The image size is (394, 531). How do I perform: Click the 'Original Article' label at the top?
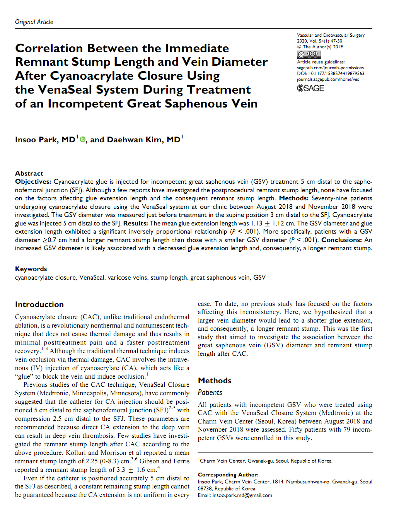point(34,22)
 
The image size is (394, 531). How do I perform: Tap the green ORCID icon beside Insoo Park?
point(82,140)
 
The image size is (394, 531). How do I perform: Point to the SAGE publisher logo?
point(310,88)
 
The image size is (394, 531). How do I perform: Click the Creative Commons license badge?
point(309,55)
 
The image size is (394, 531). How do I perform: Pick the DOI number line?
point(330,73)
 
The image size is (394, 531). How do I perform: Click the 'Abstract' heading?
point(29,173)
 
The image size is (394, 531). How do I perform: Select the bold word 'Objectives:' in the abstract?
point(33,182)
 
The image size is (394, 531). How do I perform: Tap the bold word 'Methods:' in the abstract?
point(293,198)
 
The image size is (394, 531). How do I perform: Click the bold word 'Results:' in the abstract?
point(135,224)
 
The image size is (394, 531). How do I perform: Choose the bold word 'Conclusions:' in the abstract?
point(341,240)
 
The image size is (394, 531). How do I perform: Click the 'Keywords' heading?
point(31,269)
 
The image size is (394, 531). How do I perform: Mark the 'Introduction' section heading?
point(39,304)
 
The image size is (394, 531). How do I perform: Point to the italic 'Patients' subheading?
point(210,393)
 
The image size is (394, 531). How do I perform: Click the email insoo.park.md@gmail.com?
point(242,495)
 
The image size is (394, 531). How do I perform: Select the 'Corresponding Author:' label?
point(228,475)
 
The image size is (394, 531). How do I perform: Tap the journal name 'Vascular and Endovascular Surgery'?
point(331,35)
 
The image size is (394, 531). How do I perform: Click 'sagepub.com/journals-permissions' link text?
point(330,68)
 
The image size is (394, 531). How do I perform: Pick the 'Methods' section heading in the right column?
point(215,381)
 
